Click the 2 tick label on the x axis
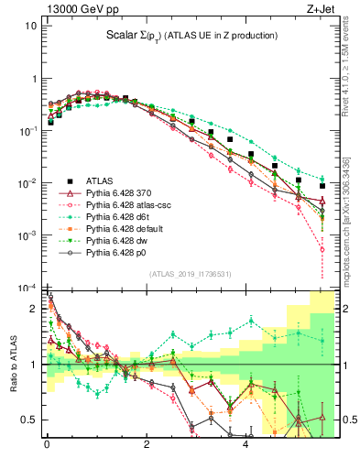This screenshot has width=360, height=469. click(147, 446)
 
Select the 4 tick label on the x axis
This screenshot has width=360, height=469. click(245, 446)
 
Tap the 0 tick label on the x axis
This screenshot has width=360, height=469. click(47, 446)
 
